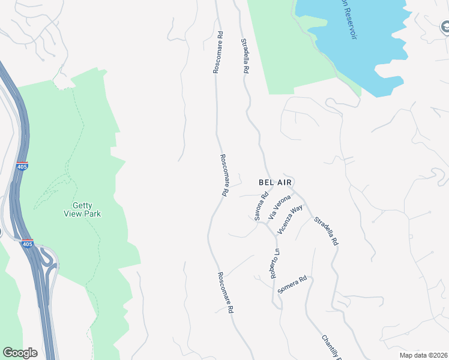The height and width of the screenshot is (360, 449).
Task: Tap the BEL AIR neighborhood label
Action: click(x=278, y=181)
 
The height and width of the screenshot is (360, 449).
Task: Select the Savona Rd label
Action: click(x=261, y=206)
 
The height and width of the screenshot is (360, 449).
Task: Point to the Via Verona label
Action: click(x=280, y=207)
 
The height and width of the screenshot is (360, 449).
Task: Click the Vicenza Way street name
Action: click(x=289, y=220)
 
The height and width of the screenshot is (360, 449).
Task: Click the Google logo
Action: click(x=20, y=353)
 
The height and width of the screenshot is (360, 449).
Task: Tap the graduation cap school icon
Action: click(x=445, y=28)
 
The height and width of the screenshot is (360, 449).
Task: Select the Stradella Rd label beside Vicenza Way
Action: click(x=327, y=230)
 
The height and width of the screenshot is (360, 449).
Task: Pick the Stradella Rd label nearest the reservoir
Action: click(x=245, y=56)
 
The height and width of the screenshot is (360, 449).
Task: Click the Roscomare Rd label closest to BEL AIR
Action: click(x=223, y=176)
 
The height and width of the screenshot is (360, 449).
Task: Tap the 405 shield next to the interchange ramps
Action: click(x=27, y=244)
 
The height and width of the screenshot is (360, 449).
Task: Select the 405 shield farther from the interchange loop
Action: click(x=22, y=166)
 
